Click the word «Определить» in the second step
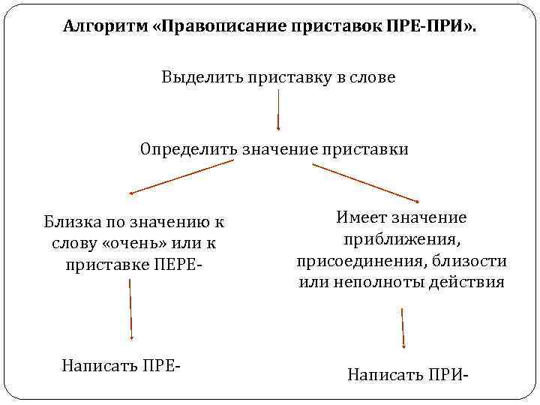coord(188,148)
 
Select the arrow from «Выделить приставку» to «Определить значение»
coord(279,109)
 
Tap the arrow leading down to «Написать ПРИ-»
coord(403,327)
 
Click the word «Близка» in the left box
coord(69,222)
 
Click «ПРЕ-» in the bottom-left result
coord(160,366)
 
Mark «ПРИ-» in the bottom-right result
coord(443,374)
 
